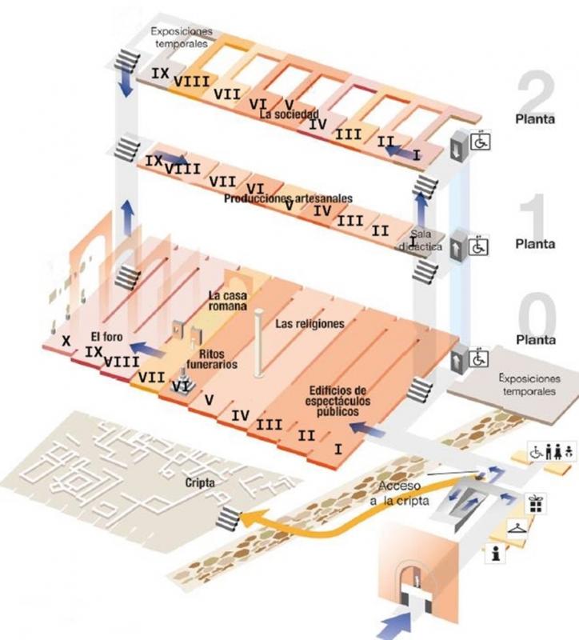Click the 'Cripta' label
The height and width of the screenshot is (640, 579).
200,483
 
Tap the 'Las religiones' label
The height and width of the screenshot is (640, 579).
309,324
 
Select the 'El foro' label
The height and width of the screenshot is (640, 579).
106,337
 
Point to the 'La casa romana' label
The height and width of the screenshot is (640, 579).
228,301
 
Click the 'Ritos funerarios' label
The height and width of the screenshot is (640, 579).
211,358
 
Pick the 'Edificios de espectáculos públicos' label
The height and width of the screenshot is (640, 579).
337,401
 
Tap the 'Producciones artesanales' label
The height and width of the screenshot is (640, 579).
288,198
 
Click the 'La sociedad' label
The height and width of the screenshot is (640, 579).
289,114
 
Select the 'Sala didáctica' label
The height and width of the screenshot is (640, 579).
421,241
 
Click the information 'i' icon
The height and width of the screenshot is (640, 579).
496,554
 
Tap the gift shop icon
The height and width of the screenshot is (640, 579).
535,504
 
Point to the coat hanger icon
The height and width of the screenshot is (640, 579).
517,529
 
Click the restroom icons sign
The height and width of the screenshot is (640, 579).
553,451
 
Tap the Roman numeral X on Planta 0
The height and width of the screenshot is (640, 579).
66,341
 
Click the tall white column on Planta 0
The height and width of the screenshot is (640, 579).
258,342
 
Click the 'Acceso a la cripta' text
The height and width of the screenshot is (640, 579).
400,493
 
